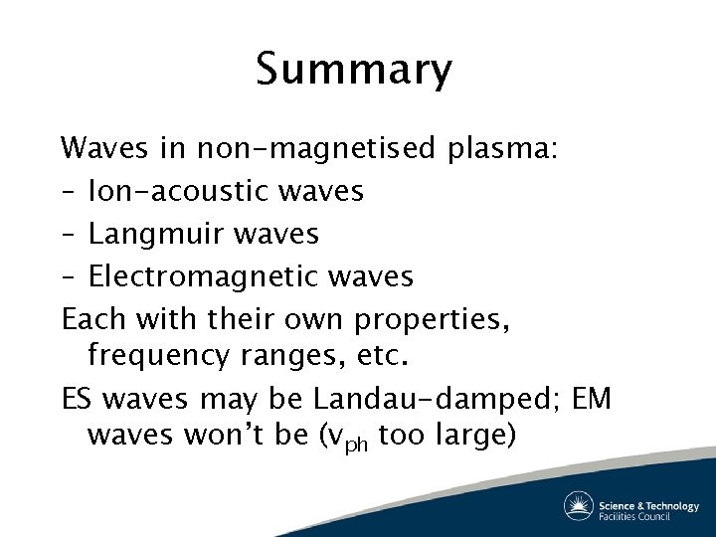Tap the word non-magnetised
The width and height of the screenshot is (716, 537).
pyautogui.click(x=316, y=149)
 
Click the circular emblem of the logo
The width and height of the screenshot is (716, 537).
pyautogui.click(x=579, y=506)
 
